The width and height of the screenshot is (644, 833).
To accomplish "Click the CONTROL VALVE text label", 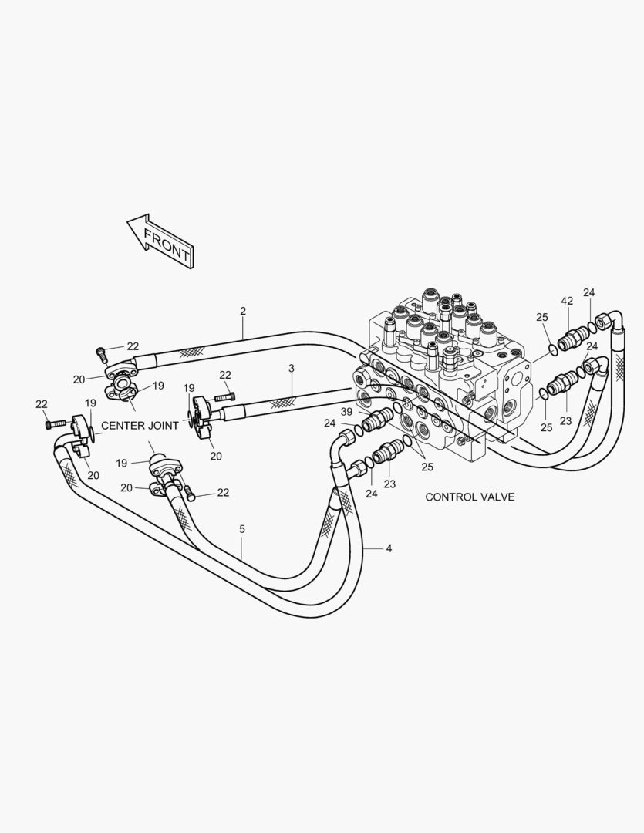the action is point(470,497).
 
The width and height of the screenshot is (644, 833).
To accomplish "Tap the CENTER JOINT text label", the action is point(140,426).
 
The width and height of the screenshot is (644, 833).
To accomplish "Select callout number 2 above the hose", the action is point(243,312).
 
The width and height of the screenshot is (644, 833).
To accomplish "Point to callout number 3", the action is point(292,368).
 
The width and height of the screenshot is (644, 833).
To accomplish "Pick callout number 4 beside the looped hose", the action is point(389,548).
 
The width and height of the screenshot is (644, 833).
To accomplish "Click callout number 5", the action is point(242,529).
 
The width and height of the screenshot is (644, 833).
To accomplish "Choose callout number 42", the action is point(567,301).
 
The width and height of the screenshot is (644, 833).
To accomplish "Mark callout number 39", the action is point(346,412).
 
